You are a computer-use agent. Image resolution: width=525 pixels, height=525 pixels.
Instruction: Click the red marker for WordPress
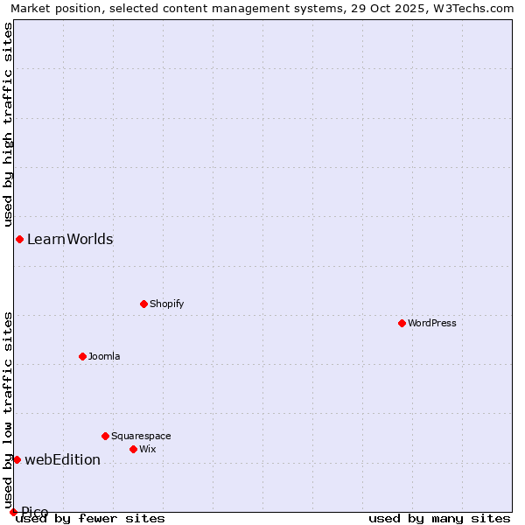(402, 323)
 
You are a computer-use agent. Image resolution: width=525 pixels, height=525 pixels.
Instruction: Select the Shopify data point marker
(143, 304)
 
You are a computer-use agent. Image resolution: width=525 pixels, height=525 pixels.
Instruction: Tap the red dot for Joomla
(82, 356)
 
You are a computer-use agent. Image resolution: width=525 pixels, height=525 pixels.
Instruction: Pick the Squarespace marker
(105, 436)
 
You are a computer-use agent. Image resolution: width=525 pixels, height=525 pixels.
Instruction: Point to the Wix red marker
(133, 449)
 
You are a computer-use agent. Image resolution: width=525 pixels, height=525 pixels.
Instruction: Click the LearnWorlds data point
(19, 239)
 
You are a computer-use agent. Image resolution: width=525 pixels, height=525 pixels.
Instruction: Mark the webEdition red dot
(17, 459)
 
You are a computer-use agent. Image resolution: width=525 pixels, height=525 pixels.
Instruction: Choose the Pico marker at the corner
(13, 512)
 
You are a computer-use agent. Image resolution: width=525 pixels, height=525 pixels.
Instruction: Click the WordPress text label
(432, 324)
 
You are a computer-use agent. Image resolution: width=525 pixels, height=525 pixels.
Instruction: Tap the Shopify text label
(166, 304)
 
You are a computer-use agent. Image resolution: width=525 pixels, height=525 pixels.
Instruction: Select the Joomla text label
(104, 357)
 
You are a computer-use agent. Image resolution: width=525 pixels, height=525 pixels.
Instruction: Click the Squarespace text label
(141, 437)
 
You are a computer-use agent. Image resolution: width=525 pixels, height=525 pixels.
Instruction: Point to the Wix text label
(148, 450)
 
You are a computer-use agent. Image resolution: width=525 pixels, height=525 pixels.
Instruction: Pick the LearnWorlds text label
(70, 240)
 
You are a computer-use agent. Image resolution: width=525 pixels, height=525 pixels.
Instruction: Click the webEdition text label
(62, 460)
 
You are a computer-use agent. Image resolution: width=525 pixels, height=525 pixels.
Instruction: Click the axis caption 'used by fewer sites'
(91, 519)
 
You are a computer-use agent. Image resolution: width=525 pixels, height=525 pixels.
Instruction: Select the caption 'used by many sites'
(439, 519)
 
